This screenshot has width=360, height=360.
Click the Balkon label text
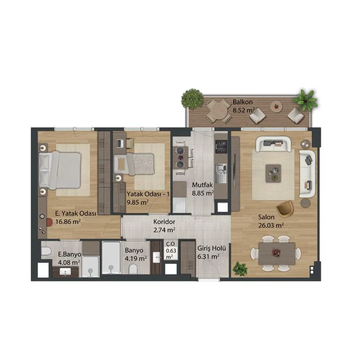pyautogui.click(x=243, y=102)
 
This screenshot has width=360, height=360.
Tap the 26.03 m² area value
pyautogui.click(x=271, y=225)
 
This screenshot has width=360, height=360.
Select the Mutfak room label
pyautogui.click(x=202, y=185)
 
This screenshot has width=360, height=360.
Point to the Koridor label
pyautogui.click(x=164, y=222)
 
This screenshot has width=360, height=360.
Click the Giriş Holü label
pyautogui.click(x=211, y=248)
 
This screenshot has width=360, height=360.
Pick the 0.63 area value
pyautogui.click(x=171, y=251)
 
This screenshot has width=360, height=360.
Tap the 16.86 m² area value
pyautogui.click(x=68, y=222)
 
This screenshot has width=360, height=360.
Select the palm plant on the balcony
pyautogui.click(x=306, y=100)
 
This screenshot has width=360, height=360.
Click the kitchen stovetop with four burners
pyautogui.click(x=221, y=147)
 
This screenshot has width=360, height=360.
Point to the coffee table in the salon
pyautogui.click(x=273, y=173)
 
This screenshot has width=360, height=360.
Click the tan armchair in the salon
pyautogui.click(x=285, y=208)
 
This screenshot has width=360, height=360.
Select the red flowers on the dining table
pyautogui.click(x=276, y=252)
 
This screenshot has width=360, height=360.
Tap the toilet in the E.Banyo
pyautogui.click(x=46, y=251)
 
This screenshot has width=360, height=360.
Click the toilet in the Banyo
pyautogui.click(x=133, y=269)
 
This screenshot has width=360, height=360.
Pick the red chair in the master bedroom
pyautogui.click(x=49, y=222)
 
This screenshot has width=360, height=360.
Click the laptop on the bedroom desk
pyautogui.click(x=120, y=144)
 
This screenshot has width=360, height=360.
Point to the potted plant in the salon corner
pyautogui.click(x=240, y=269)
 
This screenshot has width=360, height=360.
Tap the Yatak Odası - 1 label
pyautogui.click(x=148, y=194)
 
